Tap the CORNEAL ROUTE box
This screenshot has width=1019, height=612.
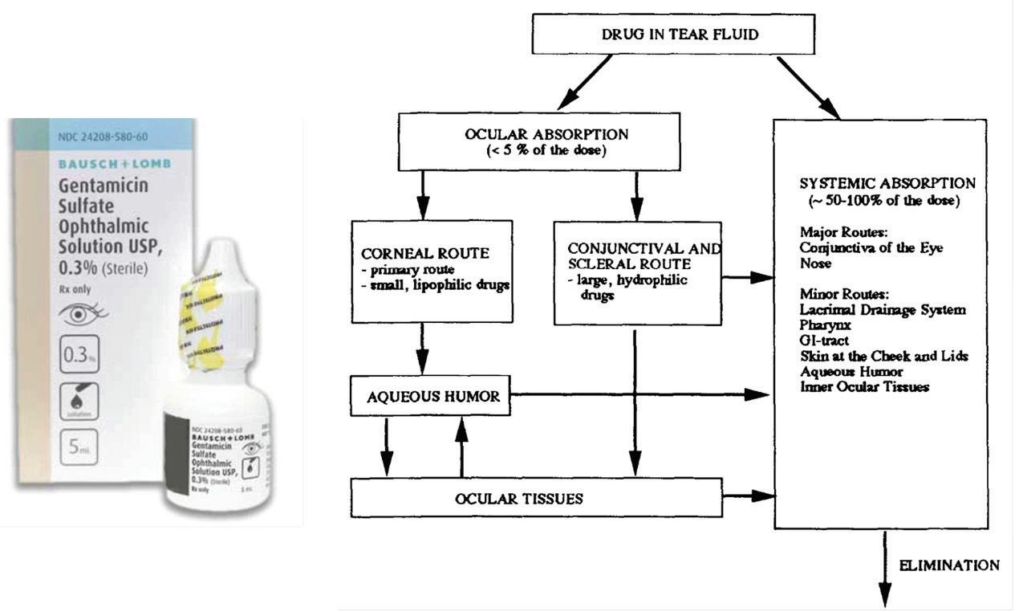432,271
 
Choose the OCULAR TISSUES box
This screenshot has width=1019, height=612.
536,498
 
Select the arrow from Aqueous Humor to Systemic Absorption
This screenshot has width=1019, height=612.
642,395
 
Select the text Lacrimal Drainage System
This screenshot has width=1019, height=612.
883,310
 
